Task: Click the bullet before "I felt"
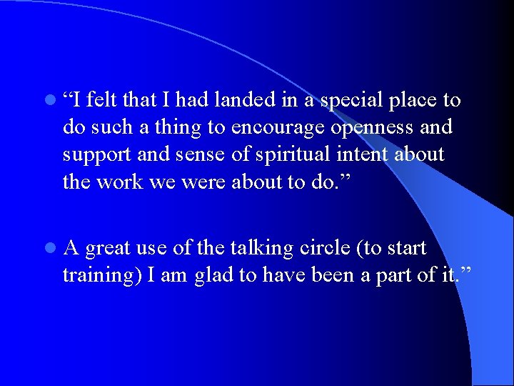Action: click(x=47, y=101)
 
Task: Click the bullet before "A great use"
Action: click(x=47, y=249)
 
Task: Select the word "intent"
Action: click(x=383, y=154)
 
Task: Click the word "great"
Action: click(x=111, y=249)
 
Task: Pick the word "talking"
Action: click(x=264, y=248)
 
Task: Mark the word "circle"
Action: click(x=333, y=248)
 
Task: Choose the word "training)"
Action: click(x=101, y=276)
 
